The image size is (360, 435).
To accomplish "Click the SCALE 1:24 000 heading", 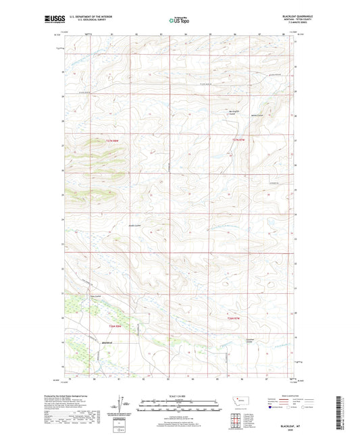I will coord(180,396).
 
